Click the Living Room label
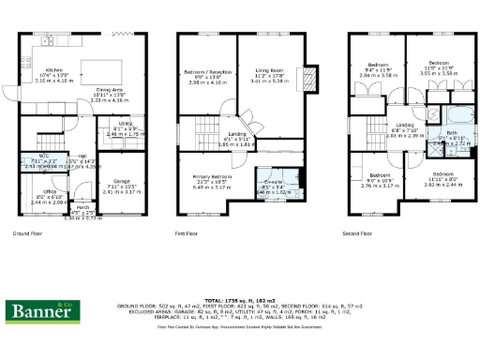point(270,71)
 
